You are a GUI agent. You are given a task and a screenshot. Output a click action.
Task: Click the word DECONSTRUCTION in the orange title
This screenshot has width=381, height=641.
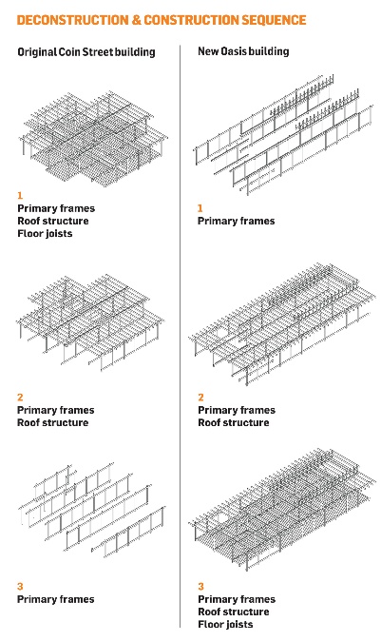pos(73,20)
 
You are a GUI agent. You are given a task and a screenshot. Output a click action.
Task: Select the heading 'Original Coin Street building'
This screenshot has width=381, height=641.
pos(86,52)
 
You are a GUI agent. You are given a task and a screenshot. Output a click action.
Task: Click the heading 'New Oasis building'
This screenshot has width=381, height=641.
pos(243,51)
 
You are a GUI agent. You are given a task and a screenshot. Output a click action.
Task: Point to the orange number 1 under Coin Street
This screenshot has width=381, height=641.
pos(20,195)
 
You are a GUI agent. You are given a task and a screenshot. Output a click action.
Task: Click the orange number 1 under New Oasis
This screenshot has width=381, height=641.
pos(200,208)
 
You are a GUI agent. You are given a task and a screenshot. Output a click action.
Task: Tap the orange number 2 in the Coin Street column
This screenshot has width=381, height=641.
pos(20,398)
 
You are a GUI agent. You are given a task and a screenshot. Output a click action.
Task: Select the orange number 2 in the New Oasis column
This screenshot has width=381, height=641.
pos(200,398)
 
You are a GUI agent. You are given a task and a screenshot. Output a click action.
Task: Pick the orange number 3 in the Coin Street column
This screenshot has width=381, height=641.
pos(20,587)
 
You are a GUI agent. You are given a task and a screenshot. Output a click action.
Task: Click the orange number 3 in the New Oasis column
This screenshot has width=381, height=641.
pos(200,587)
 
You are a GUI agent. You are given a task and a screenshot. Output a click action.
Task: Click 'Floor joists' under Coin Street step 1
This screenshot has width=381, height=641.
pos(45,233)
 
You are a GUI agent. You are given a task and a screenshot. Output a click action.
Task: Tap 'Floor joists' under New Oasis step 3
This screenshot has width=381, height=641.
pos(225,624)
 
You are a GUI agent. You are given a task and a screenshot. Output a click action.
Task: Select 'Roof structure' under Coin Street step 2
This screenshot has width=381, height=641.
pos(52,422)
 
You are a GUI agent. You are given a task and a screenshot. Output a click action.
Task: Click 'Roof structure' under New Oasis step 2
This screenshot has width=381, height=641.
pos(234,422)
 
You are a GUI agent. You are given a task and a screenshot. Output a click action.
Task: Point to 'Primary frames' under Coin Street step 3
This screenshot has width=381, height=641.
pos(56,599)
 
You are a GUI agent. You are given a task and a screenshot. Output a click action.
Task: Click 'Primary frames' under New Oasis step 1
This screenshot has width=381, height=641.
pos(237,221)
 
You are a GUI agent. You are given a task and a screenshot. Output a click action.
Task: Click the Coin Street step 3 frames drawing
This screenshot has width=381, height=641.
pos(92,511)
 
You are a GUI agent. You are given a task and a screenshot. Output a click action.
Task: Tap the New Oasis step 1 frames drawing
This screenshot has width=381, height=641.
pos(283,134)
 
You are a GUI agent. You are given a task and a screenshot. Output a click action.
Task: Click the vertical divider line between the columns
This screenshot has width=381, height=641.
pos(181,336)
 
